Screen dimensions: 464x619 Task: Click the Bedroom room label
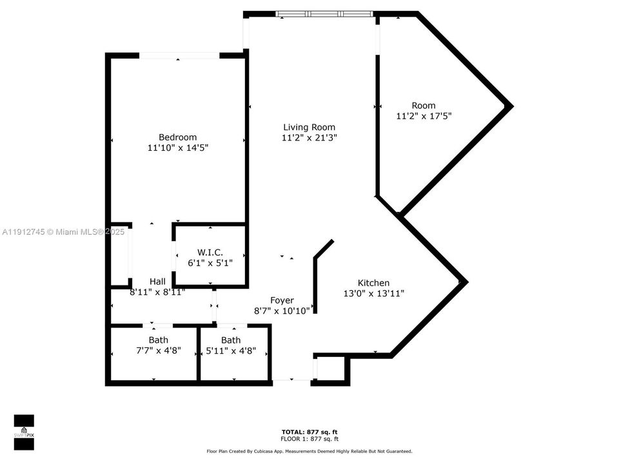tap(177, 137)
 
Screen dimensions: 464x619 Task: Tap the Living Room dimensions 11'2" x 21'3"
tap(309, 138)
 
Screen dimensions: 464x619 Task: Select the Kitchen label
tap(373, 283)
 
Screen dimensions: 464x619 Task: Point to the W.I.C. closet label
tap(210, 252)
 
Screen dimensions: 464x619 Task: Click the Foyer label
tap(282, 300)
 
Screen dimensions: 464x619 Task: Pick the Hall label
tap(157, 282)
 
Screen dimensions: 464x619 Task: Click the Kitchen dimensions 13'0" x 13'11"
tap(374, 293)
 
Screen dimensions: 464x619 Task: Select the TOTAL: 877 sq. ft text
tap(309, 432)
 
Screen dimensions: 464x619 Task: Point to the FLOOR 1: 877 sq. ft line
tap(309, 438)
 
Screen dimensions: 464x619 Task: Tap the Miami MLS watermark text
tap(63, 231)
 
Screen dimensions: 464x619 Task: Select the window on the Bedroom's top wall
tap(179, 56)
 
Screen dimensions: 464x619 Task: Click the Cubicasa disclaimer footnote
tap(309, 451)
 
